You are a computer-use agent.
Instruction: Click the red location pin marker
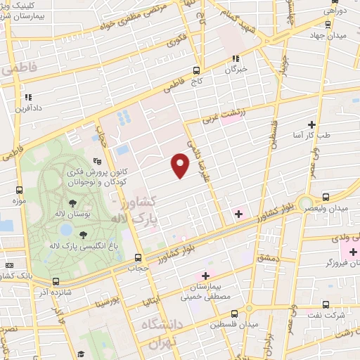coord(181,165)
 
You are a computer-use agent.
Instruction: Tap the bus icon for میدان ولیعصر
coord(325,197)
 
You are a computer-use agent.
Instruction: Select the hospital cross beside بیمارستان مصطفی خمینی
coord(205,275)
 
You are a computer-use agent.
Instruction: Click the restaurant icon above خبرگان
coord(236,59)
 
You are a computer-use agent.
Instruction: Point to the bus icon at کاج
coord(196,70)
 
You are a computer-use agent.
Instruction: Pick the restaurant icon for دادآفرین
coord(27,98)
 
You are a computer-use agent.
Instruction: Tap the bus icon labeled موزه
coord(19,190)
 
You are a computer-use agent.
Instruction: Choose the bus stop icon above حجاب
coord(138,257)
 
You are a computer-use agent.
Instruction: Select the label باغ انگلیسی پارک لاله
coord(83,245)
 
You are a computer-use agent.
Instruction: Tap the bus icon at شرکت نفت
coord(325,304)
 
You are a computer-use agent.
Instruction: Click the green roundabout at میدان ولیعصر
coord(305,204)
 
